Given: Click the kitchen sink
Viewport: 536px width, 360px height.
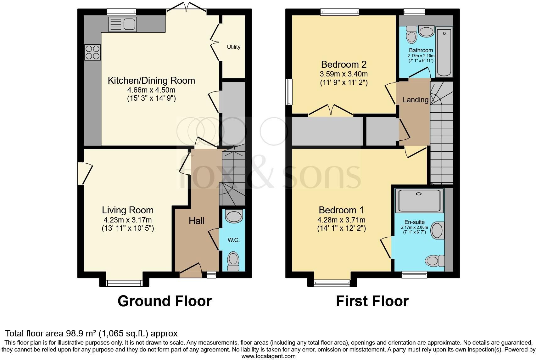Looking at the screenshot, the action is point(122,24).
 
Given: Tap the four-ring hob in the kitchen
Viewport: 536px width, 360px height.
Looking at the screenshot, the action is point(92,53).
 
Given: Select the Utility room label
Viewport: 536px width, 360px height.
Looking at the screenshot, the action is point(233,47).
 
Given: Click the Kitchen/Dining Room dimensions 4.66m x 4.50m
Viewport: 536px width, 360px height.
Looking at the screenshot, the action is point(151,90).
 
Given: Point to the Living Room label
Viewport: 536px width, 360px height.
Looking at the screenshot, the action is point(128,210).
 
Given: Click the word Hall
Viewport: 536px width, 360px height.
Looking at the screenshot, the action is point(197,221).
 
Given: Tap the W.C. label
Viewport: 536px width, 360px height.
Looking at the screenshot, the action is point(233,240).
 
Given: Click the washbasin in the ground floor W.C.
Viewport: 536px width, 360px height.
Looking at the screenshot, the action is point(234,216).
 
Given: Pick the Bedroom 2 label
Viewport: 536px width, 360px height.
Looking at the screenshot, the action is point(343,65).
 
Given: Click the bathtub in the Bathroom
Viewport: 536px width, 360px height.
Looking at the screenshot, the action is point(444,52).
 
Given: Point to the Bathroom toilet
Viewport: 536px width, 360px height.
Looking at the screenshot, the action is point(411,35).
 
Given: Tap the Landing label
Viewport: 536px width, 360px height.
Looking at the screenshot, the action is point(416,100).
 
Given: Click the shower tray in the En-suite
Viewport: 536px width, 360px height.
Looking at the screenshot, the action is point(420,200).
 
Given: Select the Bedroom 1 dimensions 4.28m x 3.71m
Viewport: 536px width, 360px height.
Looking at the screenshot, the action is point(341,220).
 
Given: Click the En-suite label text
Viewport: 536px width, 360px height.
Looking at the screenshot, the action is point(415,222).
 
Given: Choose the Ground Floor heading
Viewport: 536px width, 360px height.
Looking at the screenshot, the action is point(165,301).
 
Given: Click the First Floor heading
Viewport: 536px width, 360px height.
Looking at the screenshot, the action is point(372,301).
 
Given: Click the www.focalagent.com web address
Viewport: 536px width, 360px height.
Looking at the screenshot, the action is point(269,356).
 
